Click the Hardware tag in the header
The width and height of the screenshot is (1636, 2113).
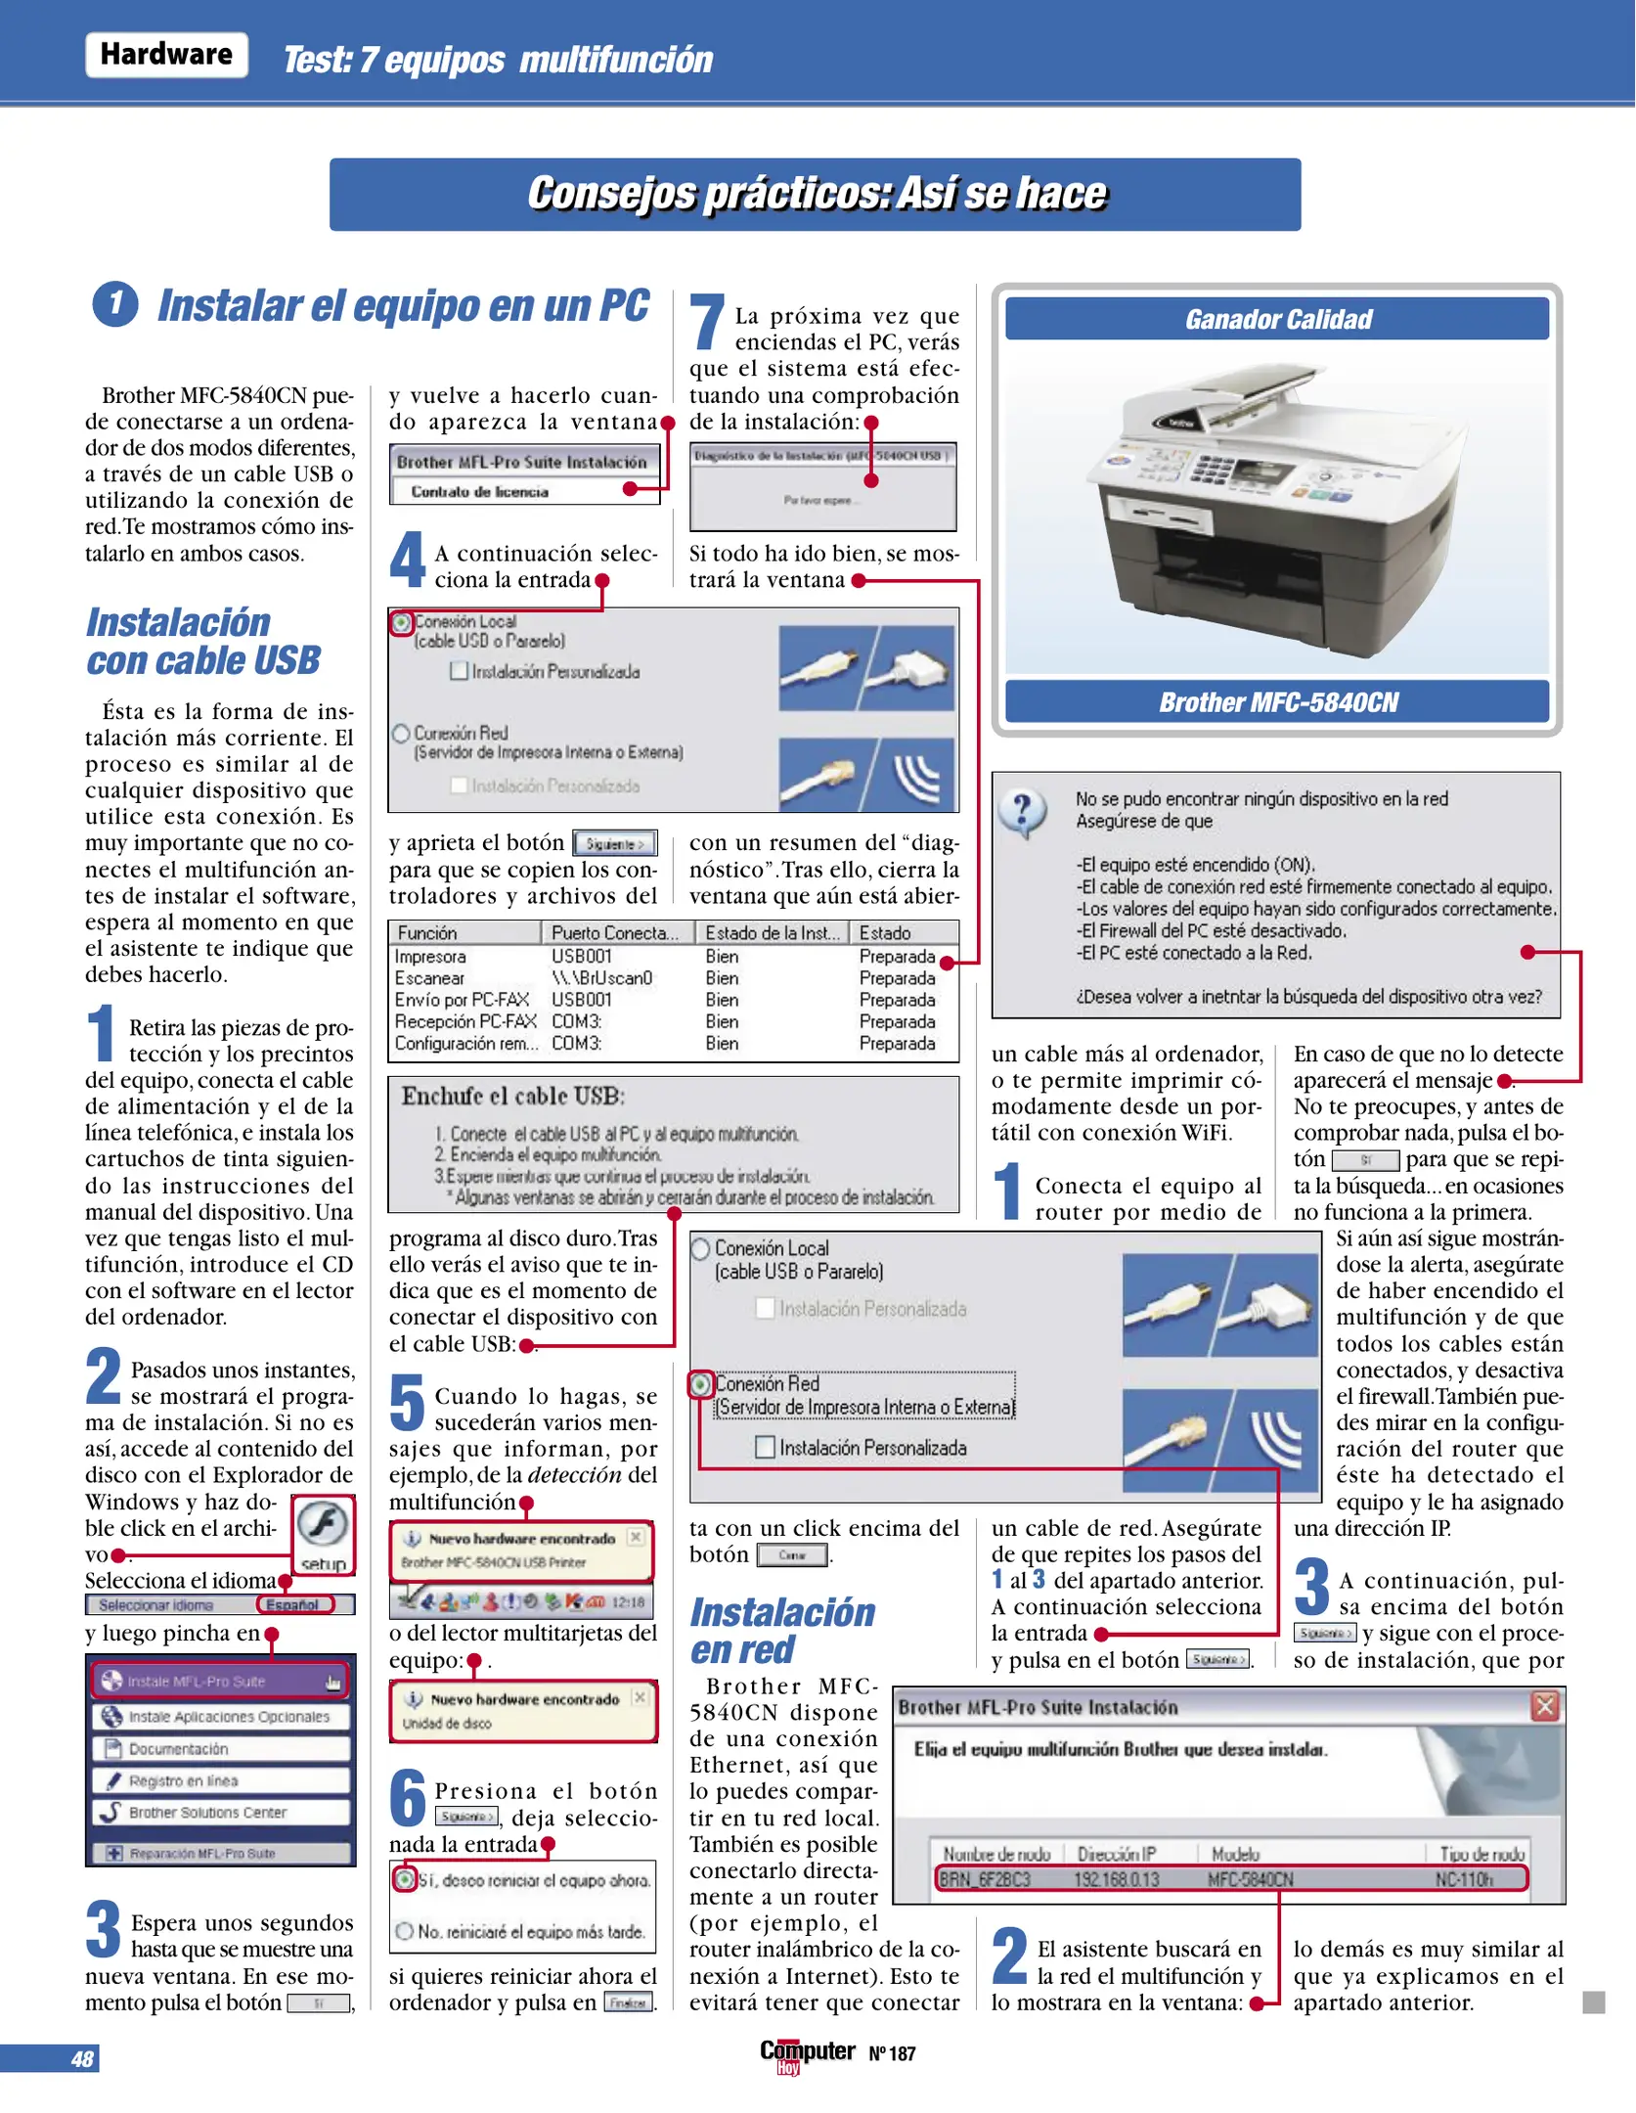166,55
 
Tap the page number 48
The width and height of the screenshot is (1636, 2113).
82,2058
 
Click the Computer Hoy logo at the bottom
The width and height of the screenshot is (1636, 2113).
807,2053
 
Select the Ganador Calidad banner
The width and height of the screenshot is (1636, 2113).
1277,320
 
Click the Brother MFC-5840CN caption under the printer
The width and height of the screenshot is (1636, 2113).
1277,702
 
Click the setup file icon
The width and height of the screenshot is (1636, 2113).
323,1534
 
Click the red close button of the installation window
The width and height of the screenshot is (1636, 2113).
1544,1707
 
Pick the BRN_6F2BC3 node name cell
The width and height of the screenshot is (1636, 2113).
985,1879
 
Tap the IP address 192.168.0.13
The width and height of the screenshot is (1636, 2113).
1117,1879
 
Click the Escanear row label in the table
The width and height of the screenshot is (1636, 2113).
429,978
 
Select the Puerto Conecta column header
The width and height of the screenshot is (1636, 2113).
615,933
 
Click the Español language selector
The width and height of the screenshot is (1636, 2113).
294,1604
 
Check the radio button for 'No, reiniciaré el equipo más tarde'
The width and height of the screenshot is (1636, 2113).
404,1931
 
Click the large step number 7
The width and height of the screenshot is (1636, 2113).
706,324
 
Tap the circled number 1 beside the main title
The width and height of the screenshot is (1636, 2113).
115,304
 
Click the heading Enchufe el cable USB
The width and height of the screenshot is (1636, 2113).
513,1096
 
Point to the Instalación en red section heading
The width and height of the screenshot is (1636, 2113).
782,1631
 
